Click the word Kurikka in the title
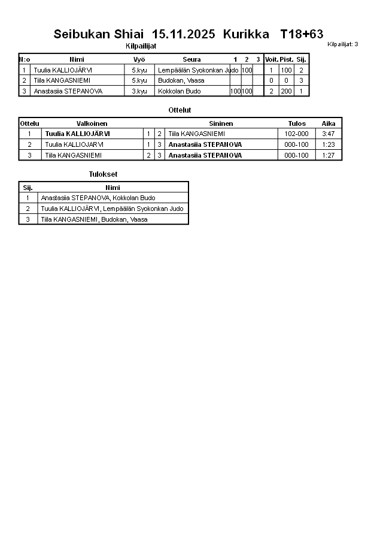tap(246, 34)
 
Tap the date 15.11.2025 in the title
tap(184, 34)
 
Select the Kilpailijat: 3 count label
tap(343, 44)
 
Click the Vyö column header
tap(139, 59)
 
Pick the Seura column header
tap(191, 59)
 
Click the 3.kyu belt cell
tap(139, 91)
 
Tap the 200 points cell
tap(286, 91)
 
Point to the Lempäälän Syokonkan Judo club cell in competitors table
tap(197, 70)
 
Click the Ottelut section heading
tap(180, 110)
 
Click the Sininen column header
tap(221, 123)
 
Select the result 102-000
tap(296, 134)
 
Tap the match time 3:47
tap(329, 134)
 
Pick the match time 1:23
tap(329, 144)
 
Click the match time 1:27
tap(329, 155)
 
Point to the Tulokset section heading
tap(103, 174)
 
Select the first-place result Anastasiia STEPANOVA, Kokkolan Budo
tap(98, 198)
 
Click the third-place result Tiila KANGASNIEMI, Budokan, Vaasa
tap(94, 219)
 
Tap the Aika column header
tap(329, 123)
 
